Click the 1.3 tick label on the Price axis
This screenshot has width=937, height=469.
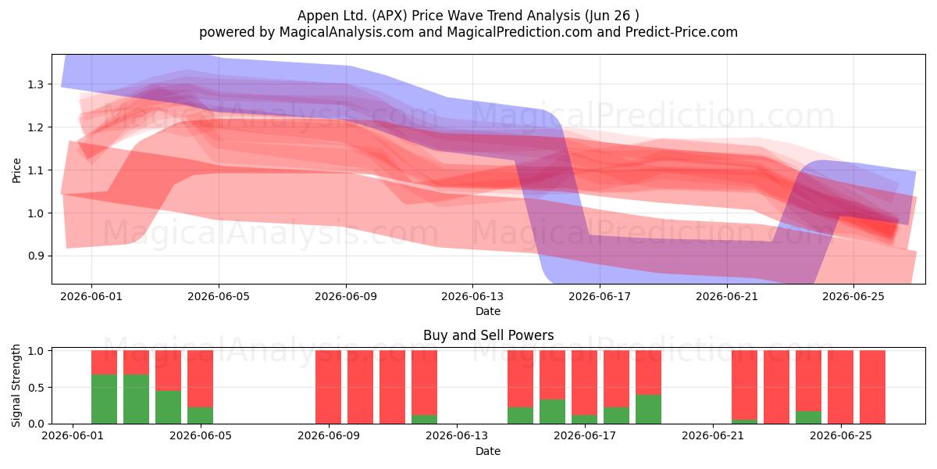(35, 84)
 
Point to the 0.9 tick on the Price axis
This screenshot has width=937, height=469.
(35, 256)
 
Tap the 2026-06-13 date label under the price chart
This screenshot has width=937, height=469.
(472, 296)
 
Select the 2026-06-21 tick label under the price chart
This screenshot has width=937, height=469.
(727, 296)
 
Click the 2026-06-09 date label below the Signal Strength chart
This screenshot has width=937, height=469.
(329, 436)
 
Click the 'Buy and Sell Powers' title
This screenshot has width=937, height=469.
(489, 335)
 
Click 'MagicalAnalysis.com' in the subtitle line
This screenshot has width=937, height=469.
(347, 32)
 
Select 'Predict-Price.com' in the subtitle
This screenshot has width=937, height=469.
(681, 32)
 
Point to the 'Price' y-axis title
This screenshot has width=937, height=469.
(16, 170)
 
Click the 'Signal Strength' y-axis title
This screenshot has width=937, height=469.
(16, 385)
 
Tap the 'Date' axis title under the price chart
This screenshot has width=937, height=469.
(488, 311)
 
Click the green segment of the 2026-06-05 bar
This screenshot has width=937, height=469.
(201, 415)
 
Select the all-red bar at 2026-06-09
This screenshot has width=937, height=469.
(329, 387)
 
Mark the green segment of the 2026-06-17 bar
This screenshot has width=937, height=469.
(584, 419)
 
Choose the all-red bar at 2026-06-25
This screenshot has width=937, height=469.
(840, 387)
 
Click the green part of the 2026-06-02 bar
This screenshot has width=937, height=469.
(104, 399)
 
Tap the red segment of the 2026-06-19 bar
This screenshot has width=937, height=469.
(648, 372)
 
